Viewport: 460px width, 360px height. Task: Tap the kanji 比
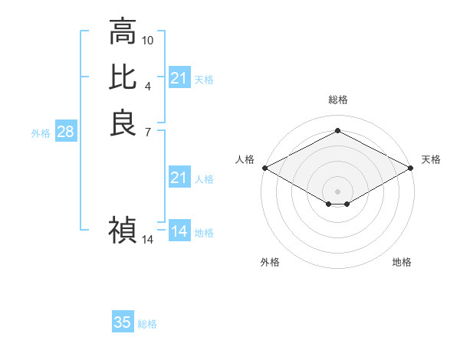point(123,77)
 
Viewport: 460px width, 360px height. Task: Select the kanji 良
point(123,123)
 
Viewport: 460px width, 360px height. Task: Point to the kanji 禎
point(123,229)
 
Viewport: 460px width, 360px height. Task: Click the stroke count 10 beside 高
point(148,40)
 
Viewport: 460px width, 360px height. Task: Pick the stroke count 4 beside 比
point(148,86)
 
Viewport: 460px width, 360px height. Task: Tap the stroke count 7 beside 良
point(148,132)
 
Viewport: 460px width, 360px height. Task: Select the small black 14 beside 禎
point(148,240)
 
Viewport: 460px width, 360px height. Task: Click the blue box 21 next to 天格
point(179,78)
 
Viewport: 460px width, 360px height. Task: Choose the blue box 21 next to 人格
point(179,178)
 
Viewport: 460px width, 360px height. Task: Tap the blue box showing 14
point(179,231)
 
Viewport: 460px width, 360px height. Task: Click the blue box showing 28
point(65,132)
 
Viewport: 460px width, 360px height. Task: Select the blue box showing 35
point(123,322)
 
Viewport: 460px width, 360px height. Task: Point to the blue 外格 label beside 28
point(41,133)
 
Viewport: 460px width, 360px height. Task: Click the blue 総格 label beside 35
point(147,324)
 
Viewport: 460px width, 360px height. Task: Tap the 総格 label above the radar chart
point(337,100)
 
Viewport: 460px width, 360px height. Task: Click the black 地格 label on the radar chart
point(402,262)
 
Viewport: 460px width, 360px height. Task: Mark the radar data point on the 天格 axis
point(411,168)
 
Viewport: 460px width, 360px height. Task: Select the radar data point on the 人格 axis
point(264,168)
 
